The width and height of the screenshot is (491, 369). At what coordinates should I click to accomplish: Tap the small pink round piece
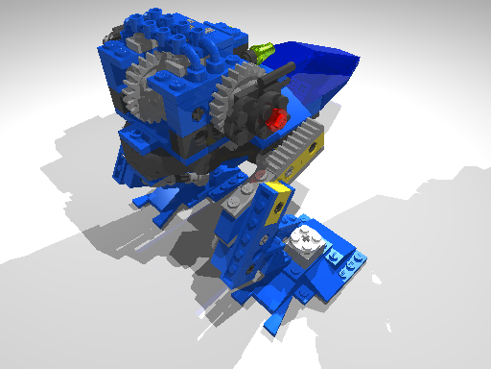(x=259, y=176)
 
